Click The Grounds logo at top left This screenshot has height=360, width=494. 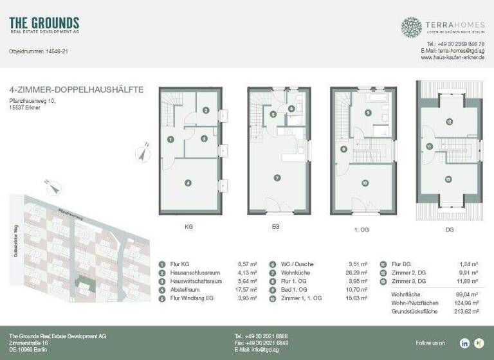44,26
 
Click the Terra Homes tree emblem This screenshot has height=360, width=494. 411,27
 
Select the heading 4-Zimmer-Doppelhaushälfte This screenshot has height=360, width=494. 77,90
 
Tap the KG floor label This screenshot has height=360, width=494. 188,227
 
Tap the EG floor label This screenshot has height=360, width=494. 276,227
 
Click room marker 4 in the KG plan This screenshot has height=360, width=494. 188,183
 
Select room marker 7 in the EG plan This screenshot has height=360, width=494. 277,177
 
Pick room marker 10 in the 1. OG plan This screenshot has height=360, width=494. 365,183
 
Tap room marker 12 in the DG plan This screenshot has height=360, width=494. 449,122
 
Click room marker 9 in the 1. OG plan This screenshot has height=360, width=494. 368,113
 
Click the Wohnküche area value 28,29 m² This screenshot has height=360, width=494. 357,272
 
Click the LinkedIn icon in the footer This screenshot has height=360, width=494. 464,343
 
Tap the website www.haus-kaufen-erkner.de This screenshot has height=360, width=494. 452,57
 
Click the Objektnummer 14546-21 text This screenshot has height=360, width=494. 39,51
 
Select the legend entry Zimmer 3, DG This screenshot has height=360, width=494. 409,280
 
